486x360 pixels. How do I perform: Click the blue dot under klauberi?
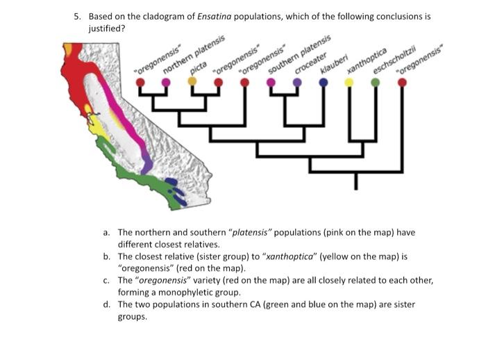tap(323, 82)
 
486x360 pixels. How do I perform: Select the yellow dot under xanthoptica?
tap(349, 82)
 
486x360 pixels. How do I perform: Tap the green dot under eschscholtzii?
tap(376, 82)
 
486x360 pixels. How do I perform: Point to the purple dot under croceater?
tap(297, 82)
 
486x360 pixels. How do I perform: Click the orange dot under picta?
tap(192, 81)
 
